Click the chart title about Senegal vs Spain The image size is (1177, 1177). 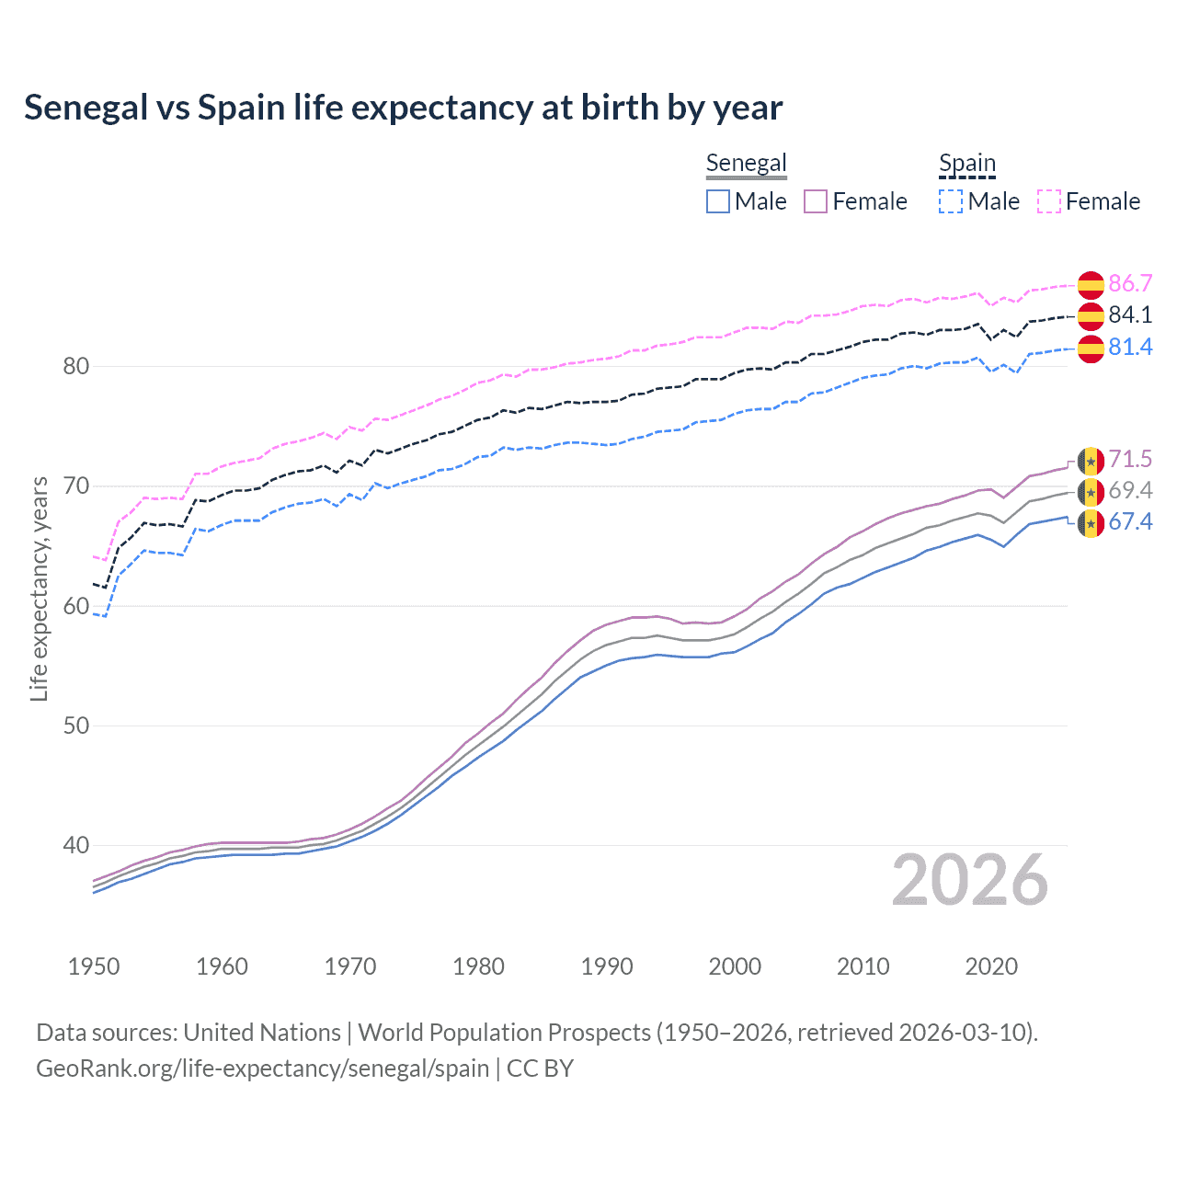pos(403,108)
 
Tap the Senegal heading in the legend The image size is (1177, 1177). pos(746,163)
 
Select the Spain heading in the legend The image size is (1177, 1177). pos(966,164)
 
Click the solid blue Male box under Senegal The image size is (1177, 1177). pos(718,201)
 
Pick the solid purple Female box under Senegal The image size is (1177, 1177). pos(816,201)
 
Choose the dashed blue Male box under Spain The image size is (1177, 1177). pos(951,201)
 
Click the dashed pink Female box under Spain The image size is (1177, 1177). pos(1049,201)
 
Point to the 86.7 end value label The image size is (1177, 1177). pos(1130,283)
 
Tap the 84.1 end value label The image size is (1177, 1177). pos(1130,314)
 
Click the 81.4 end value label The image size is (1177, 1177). pos(1130,347)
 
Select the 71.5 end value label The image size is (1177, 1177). pos(1130,459)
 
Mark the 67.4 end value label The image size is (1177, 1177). pos(1130,521)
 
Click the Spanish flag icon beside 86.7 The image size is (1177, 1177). pos(1091,285)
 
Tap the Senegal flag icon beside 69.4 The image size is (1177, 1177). pos(1091,492)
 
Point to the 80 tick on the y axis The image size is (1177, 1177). pos(75,366)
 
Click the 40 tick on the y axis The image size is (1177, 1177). pos(75,845)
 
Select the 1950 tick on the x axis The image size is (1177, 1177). pos(94,966)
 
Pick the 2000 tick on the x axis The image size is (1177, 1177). pos(735,966)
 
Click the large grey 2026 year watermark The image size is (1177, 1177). pos(969,880)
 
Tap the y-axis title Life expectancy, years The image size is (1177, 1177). pos(39,588)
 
